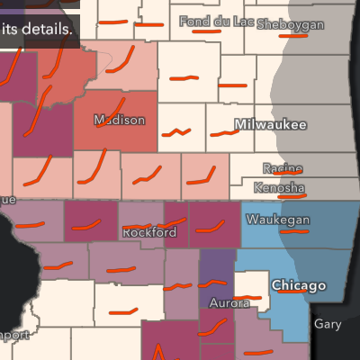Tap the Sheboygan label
tap(290, 24)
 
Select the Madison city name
tap(119, 120)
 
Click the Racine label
tap(283, 167)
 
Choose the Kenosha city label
tap(279, 187)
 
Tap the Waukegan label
tap(278, 220)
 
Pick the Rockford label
tap(147, 233)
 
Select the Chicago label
tap(299, 286)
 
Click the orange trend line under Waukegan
tap(293, 230)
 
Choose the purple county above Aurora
tap(216, 270)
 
